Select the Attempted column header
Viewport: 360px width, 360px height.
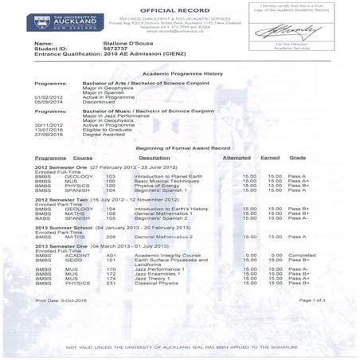237,158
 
